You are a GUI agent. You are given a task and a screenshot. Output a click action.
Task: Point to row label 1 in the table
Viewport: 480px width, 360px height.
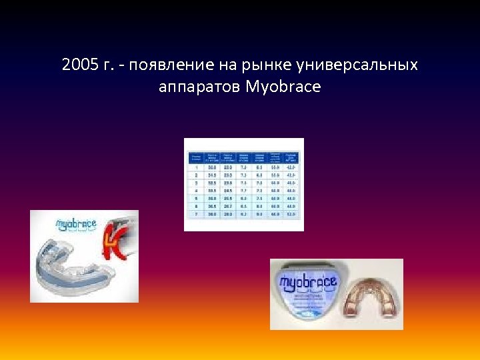(197, 167)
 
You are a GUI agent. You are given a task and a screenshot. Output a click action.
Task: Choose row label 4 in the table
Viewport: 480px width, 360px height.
(197, 190)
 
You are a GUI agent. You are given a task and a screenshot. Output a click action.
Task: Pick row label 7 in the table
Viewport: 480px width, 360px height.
(197, 214)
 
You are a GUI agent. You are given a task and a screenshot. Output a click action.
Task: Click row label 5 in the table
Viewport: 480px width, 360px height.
(197, 198)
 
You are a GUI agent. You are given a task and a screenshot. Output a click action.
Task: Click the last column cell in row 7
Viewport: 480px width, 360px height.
(291, 214)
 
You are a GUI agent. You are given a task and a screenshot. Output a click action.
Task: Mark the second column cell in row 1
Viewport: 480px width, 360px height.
(213, 167)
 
